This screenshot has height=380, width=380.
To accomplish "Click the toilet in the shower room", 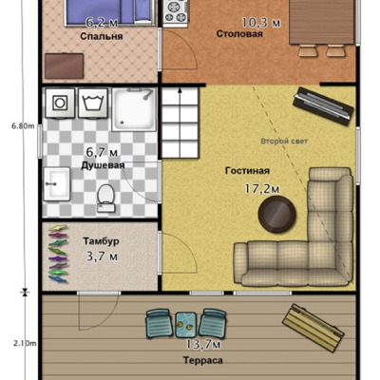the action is pos(105,199).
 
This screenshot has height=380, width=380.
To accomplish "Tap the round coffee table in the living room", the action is pos(277,215).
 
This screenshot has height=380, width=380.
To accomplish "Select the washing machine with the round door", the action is pos(60,103).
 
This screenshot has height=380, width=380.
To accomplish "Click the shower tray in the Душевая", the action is pos(134,109).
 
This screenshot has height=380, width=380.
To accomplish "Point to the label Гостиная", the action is pos(247,171).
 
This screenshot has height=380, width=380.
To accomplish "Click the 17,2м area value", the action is pos(261,189).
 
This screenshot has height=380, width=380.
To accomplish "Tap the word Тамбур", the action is pos(102,241).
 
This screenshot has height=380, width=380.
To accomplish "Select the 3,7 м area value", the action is pos(102,256).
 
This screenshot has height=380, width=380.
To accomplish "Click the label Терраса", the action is pos(202,360).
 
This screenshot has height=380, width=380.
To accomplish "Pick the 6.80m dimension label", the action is pos(23,126).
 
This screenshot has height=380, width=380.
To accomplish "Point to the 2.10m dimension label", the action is pos(25,343).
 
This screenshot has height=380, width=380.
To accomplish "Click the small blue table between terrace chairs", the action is pos(186,325).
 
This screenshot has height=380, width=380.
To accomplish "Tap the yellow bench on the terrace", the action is pos(313,328).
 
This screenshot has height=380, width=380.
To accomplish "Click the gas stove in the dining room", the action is pos(176,12).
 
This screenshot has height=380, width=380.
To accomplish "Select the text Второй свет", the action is pos(284,142).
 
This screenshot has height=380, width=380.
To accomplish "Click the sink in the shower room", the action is pos(57,183).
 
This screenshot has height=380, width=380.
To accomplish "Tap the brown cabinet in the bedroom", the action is pos(65,66).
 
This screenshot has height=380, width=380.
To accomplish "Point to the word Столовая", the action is pos(239,34).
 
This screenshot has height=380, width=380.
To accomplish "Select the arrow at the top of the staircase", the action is pos(180,92).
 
